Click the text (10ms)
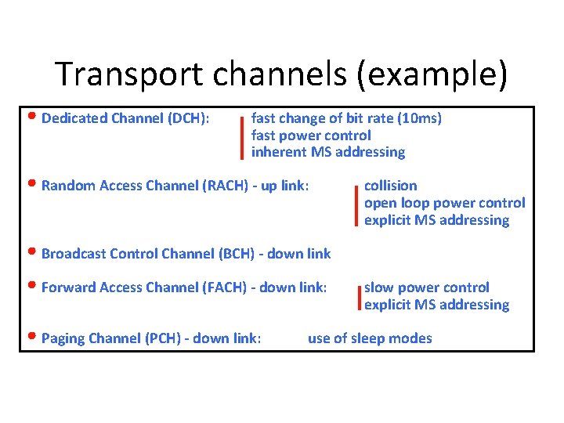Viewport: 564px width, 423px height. [x=420, y=118]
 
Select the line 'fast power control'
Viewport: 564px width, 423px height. [x=311, y=135]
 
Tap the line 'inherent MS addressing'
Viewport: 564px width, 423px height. [x=328, y=152]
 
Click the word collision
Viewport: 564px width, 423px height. [x=391, y=186]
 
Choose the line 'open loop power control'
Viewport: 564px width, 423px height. [x=444, y=203]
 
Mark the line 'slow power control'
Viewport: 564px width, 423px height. [x=426, y=287]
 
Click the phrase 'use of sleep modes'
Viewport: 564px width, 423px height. [x=370, y=338]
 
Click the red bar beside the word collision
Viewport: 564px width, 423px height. [x=357, y=204]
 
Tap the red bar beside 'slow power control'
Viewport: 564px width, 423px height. [x=358, y=298]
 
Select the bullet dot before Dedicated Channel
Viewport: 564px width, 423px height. [x=32, y=118]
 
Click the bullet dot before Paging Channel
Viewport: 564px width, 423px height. [x=32, y=338]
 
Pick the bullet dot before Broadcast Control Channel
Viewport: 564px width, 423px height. [x=32, y=253]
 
